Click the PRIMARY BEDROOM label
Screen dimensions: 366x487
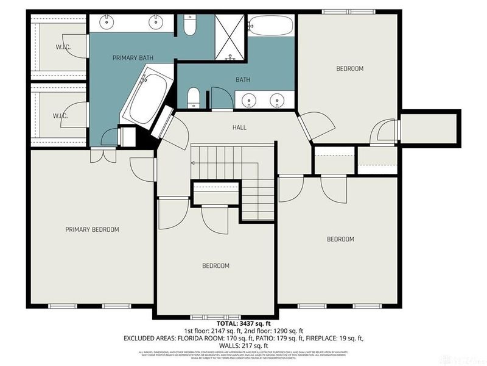tap(92, 229)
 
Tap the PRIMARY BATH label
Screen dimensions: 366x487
tap(133, 58)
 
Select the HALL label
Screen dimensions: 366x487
tap(239, 127)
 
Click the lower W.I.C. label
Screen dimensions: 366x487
tap(59, 115)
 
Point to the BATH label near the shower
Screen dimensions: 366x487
tap(243, 80)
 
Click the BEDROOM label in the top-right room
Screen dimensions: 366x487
tap(349, 69)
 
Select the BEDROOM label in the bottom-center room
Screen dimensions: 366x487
tap(215, 265)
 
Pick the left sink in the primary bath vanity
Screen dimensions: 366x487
tap(108, 22)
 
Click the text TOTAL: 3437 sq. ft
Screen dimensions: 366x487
tap(243, 322)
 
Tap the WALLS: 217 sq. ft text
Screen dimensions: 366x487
tap(243, 345)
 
